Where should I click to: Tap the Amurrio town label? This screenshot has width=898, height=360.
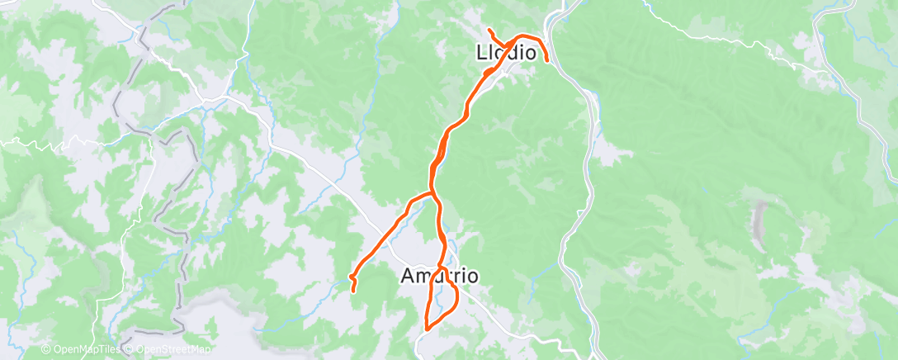point(438,276)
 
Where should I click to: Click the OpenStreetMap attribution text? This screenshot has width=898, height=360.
point(171,350)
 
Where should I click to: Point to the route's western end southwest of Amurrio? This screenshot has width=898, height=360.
point(354,290)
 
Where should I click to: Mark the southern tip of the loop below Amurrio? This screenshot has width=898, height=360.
point(426,328)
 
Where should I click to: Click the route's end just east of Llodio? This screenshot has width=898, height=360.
point(546,60)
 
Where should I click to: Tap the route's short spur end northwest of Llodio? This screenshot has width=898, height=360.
point(489,31)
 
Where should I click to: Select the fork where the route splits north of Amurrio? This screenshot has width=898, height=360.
point(432,193)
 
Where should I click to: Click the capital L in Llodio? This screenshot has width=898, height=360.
point(483,52)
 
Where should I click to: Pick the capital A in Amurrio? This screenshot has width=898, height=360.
point(407,276)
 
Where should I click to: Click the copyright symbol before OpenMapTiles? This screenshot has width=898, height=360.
point(45,350)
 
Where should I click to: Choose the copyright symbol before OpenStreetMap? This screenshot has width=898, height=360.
point(130,350)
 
